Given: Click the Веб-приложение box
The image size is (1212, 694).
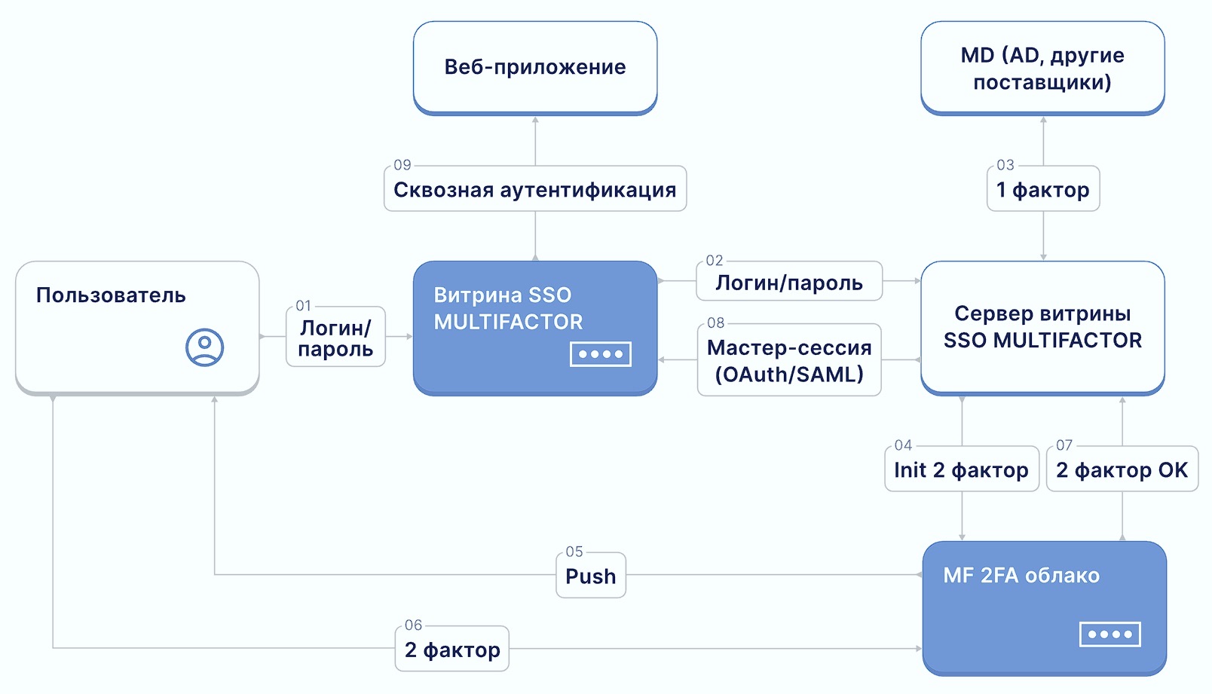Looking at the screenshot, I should pyautogui.click(x=535, y=67).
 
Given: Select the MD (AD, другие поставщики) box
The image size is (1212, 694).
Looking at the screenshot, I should pyautogui.click(x=1042, y=68).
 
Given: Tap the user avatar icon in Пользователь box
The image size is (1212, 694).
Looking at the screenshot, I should pyautogui.click(x=204, y=347).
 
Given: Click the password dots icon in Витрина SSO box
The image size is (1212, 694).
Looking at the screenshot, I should pyautogui.click(x=601, y=354).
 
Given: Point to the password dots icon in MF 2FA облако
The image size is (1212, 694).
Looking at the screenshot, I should pyautogui.click(x=1109, y=634).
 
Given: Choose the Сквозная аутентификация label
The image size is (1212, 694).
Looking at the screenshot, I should pyautogui.click(x=535, y=190).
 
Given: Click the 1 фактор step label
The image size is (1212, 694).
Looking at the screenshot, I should pyautogui.click(x=1043, y=190).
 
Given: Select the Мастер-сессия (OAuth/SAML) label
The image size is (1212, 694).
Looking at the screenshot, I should pyautogui.click(x=789, y=361).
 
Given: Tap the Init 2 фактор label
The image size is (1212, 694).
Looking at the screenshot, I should pyautogui.click(x=961, y=470).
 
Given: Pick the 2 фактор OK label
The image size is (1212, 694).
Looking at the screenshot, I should pyautogui.click(x=1122, y=470).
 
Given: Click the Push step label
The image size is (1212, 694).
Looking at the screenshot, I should pyautogui.click(x=591, y=576).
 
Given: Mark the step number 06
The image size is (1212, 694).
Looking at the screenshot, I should pyautogui.click(x=413, y=625).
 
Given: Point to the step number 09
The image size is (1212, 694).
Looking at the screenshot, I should pyautogui.click(x=402, y=165).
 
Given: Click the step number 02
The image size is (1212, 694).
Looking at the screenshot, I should pyautogui.click(x=715, y=261).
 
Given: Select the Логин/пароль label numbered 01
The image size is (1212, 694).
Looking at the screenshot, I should pyautogui.click(x=335, y=338).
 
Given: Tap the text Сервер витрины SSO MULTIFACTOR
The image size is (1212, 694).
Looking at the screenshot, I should pyautogui.click(x=1042, y=327).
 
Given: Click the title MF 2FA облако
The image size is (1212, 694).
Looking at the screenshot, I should pyautogui.click(x=1021, y=576).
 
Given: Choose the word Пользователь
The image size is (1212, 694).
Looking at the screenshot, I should pyautogui.click(x=111, y=295).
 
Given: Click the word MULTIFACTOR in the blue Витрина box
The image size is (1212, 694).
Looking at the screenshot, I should pyautogui.click(x=508, y=323).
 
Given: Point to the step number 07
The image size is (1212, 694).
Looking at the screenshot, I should pyautogui.click(x=1064, y=445).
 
